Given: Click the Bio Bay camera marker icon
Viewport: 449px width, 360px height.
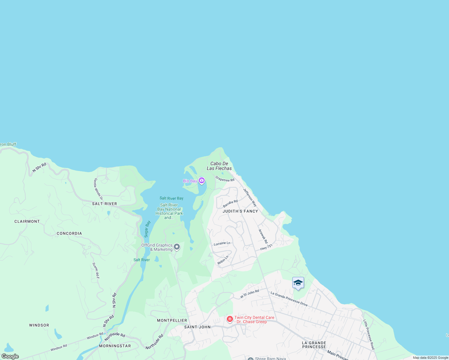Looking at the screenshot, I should click(201, 180).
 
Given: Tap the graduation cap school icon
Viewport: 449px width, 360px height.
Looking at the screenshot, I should click(298, 283).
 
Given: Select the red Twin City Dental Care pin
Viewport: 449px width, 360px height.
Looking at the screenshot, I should click(230, 319).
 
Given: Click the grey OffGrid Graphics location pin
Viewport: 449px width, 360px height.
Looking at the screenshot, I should click(177, 247).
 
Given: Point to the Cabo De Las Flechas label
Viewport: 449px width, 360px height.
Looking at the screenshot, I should click(219, 166).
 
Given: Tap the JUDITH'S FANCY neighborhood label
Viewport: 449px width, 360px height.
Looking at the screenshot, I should click(240, 211).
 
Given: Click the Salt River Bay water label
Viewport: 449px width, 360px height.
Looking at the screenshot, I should click(171, 198).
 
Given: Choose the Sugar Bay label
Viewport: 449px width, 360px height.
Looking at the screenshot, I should click(147, 229).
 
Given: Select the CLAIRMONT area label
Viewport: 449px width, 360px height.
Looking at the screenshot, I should click(27, 221).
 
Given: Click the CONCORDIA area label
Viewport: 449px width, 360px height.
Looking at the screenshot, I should click(69, 233).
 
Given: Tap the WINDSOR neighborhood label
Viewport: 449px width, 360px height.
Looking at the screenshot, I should click(39, 325).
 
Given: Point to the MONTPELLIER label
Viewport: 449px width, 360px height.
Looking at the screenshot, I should click(172, 320).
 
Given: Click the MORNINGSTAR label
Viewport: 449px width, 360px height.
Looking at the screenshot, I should click(115, 346).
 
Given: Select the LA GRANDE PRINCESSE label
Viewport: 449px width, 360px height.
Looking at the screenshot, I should click(314, 345).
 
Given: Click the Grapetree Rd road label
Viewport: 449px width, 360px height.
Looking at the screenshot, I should click(225, 179).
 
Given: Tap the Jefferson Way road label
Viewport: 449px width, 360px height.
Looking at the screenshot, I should click(250, 197).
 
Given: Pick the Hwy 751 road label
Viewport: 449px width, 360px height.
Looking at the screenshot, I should click(266, 247).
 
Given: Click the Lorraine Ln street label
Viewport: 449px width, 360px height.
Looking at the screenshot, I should click(222, 243).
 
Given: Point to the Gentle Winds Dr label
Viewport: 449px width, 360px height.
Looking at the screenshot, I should click(98, 189).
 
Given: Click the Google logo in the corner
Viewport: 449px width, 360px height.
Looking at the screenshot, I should click(10, 356).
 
